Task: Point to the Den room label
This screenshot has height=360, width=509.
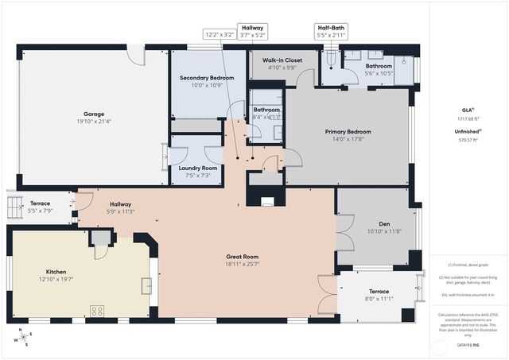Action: [383, 223]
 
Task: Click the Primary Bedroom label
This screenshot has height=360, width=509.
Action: [348, 132]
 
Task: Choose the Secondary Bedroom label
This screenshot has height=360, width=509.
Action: [207, 78]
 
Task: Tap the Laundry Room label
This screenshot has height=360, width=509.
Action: [197, 168]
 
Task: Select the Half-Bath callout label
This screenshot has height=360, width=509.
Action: [331, 26]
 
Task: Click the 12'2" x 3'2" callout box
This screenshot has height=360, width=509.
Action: [220, 35]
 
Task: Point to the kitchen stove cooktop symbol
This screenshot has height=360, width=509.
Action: [99, 311]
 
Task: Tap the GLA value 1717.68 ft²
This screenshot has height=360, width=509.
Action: [468, 118]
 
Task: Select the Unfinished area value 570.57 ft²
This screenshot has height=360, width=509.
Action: [468, 140]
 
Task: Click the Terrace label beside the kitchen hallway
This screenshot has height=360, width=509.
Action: [41, 203]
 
